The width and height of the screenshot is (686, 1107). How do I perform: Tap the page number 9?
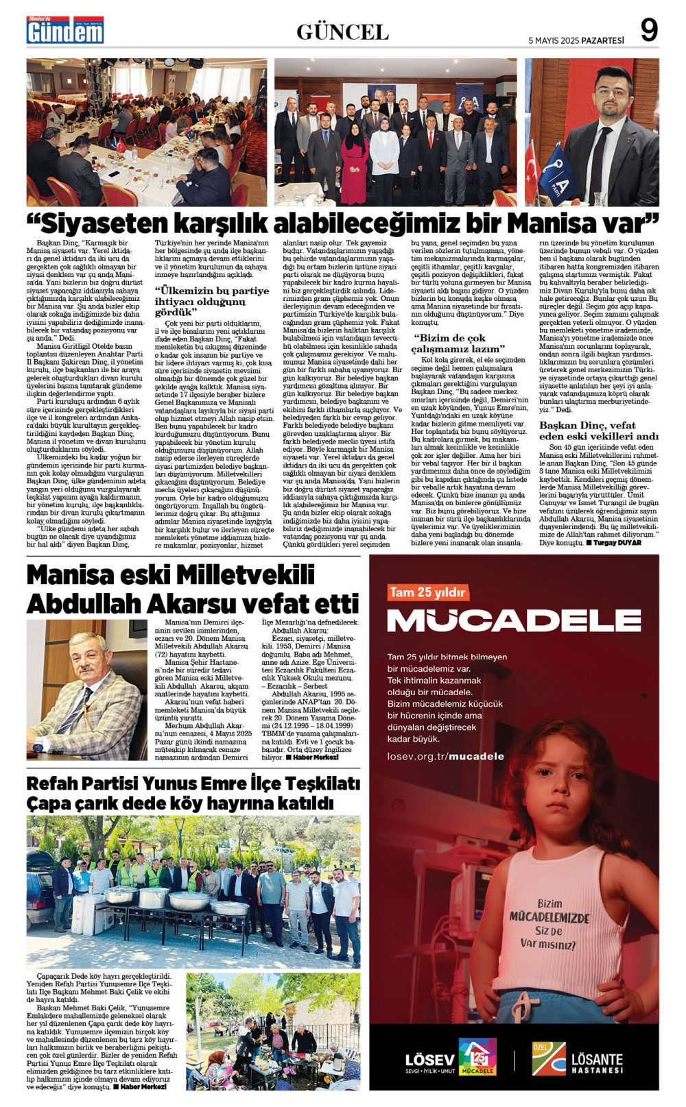click(x=648, y=30)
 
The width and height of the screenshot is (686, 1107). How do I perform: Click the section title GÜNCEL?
click(x=342, y=32)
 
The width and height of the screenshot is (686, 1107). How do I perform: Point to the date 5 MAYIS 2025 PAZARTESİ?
click(x=576, y=40)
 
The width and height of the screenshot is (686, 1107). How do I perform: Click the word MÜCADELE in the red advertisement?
click(x=514, y=620)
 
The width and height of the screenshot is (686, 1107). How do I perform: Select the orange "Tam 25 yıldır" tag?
click(x=427, y=592)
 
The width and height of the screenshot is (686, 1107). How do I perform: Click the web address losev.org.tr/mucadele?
click(x=446, y=756)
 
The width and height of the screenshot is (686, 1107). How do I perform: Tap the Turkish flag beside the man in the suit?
click(x=532, y=171)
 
